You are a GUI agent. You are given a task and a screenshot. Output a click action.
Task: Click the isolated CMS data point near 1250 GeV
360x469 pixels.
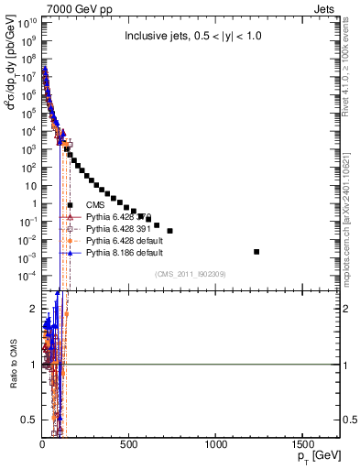256,252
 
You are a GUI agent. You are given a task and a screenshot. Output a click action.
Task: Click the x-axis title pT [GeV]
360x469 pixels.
317,456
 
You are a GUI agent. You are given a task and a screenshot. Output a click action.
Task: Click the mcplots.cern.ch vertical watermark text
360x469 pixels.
352,220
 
